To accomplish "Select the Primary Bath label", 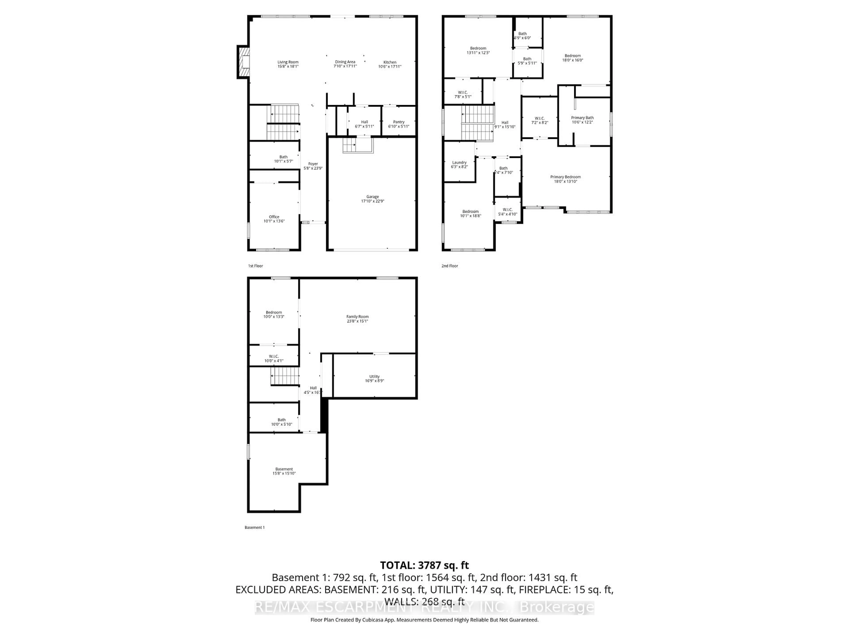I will tap(582, 118).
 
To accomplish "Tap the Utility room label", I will tap(374, 377).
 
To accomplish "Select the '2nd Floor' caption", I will tap(449, 266).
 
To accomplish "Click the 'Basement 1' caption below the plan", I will tap(254, 528).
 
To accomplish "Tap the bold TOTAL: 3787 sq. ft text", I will tap(424, 565).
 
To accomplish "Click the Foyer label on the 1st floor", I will tap(313, 164).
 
